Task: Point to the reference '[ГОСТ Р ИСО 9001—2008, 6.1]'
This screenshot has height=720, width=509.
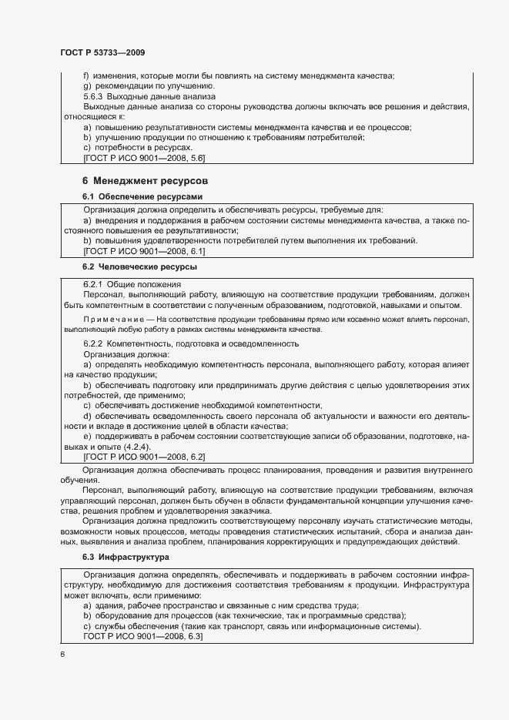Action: tap(143, 251)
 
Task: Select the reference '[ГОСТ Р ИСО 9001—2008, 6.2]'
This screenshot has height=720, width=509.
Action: tap(143, 456)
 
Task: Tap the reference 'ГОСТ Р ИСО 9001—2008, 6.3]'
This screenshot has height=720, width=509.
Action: tap(143, 636)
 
